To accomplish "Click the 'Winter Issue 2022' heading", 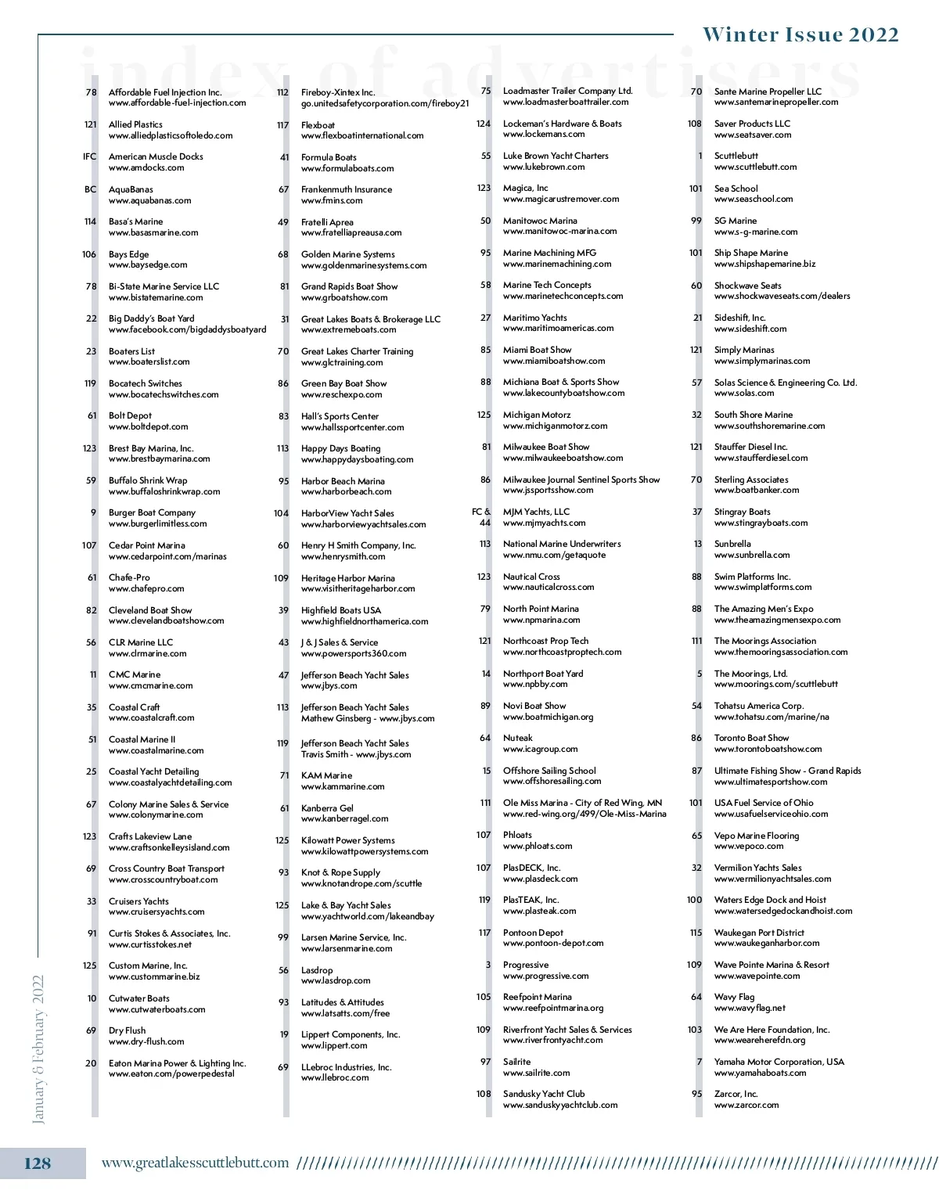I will (x=800, y=35).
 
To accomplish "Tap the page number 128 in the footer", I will (x=38, y=1163).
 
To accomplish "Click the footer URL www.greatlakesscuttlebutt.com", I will (x=195, y=1163).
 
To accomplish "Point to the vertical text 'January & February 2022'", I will (x=38, y=1048).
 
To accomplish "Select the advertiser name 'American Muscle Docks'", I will (x=156, y=156).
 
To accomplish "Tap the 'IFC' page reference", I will (x=90, y=156).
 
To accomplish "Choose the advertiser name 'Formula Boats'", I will (x=329, y=157).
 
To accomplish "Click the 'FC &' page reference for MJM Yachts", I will (x=480, y=512).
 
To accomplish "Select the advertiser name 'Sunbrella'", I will (x=732, y=544).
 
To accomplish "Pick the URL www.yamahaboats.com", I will (x=760, y=1073).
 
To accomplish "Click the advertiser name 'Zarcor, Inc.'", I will (x=736, y=1094).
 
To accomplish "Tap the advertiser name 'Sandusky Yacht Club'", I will (x=544, y=1094).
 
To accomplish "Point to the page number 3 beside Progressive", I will (x=488, y=965).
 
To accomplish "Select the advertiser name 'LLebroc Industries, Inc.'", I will (x=346, y=1067).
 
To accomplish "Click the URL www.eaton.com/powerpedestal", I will (x=171, y=1074).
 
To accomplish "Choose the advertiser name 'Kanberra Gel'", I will (x=327, y=808).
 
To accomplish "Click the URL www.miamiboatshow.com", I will (x=554, y=361).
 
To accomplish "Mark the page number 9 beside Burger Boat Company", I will (x=94, y=512).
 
